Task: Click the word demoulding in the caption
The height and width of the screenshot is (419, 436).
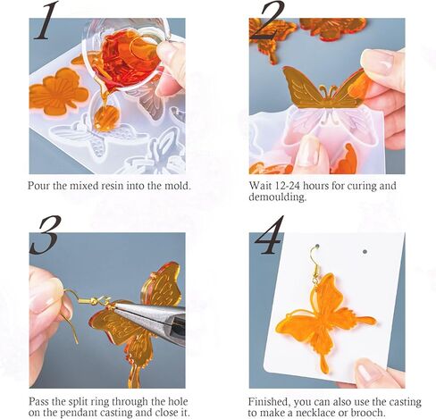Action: pyautogui.click(x=276, y=198)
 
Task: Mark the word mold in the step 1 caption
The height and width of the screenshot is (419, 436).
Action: pyautogui.click(x=164, y=186)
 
